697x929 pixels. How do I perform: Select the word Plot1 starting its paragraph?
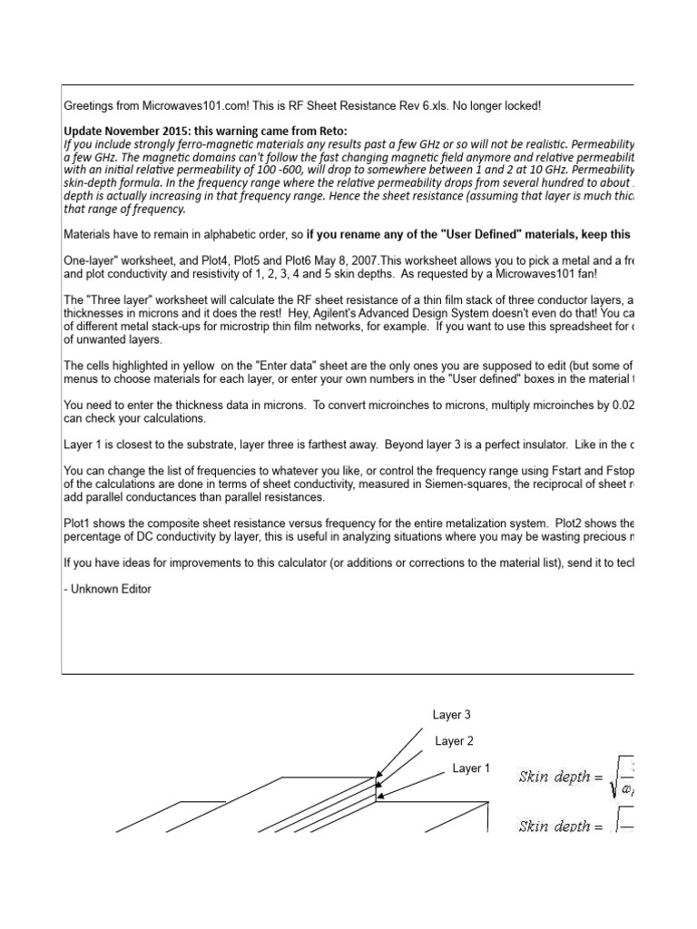point(78,524)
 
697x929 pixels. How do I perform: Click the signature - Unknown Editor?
point(107,589)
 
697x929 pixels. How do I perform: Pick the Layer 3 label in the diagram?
point(452,715)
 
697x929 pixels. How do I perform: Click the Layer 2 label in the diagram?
point(454,741)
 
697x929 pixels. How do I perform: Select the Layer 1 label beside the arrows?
point(471,768)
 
